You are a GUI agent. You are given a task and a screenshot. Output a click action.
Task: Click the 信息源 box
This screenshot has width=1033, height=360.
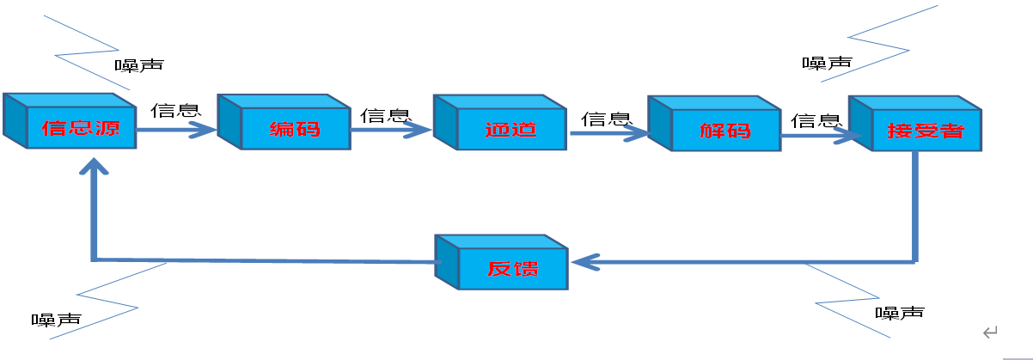(77, 129)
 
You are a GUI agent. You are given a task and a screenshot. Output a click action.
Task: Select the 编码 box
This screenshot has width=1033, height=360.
(292, 129)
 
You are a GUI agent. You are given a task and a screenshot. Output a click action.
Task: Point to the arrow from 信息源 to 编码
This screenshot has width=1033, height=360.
(176, 130)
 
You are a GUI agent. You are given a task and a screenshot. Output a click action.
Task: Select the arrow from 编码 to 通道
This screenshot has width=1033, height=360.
(391, 130)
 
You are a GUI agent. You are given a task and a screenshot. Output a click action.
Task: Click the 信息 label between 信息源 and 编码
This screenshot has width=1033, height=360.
(176, 111)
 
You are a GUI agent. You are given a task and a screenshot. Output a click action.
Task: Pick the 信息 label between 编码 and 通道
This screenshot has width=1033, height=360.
(385, 114)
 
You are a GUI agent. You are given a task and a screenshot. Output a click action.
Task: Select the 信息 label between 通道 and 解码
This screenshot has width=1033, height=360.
(607, 119)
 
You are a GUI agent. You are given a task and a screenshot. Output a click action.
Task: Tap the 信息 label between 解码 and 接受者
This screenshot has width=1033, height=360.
(816, 119)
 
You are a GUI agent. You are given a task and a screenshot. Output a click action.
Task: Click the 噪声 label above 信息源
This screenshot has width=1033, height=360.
(139, 64)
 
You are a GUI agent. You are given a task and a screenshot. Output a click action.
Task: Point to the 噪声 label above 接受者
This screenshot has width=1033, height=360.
(827, 63)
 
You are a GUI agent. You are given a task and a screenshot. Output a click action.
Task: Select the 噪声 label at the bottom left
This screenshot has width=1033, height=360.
(57, 320)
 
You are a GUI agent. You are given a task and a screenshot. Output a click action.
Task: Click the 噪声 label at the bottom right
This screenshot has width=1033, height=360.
(900, 312)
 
